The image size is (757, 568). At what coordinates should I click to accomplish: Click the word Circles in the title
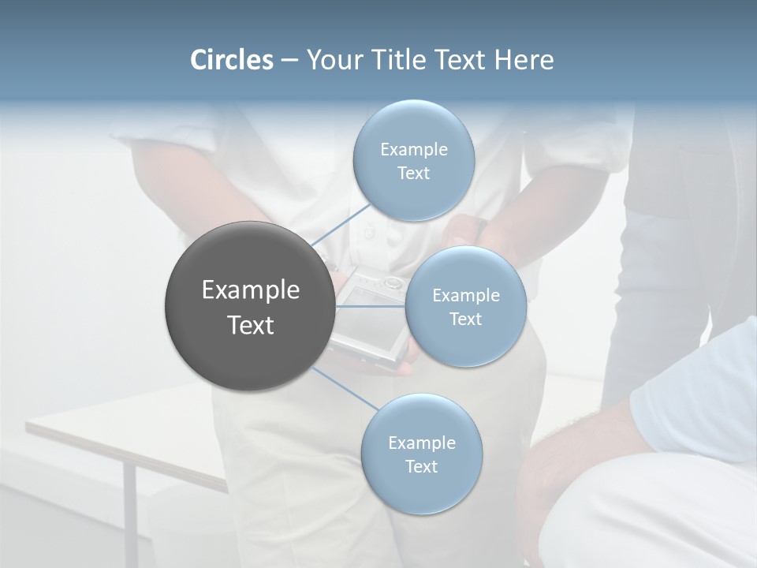coord(232,60)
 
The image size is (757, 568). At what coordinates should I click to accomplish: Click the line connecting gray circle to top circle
coord(341,226)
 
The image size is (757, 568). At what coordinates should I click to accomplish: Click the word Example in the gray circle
coord(251,290)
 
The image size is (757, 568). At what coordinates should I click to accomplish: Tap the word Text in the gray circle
coord(251,325)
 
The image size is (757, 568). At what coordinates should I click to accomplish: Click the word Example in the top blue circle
coord(414,149)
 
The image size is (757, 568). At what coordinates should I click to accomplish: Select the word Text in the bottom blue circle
coord(421,466)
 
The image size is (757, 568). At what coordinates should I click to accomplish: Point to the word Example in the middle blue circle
coord(466,295)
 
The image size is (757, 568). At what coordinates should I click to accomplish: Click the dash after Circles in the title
coord(289,61)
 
